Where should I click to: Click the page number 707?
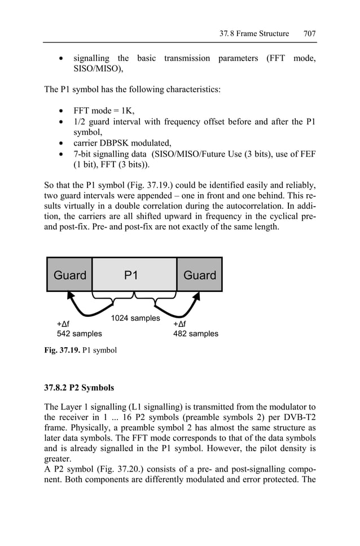pos(309,34)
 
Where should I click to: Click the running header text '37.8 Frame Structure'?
pos(254,34)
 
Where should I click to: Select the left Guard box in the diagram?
pos(69,275)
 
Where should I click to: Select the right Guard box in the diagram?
pos(200,275)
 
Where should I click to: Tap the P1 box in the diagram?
pos(134,275)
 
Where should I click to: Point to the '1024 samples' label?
pos(135,318)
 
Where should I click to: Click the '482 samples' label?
pos(195,334)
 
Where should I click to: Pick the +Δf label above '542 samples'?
pos(63,324)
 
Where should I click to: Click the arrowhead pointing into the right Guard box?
pos(199,295)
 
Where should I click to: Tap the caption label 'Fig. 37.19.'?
pos(62,351)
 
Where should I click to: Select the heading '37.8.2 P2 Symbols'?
pos(79,388)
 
